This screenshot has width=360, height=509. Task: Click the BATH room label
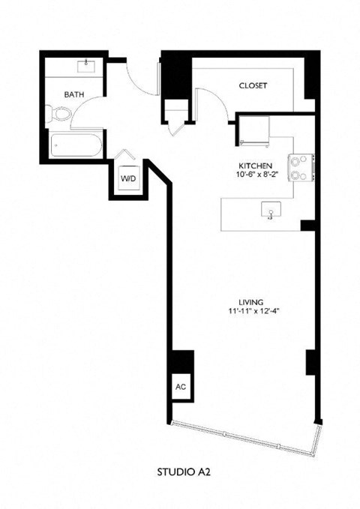click(73, 94)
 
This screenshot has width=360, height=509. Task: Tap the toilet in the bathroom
click(60, 115)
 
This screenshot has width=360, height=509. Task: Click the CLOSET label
click(253, 85)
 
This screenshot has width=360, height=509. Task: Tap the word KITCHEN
click(256, 165)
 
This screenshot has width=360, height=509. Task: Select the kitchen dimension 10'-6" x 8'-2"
click(256, 174)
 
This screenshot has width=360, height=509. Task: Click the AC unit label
click(180, 388)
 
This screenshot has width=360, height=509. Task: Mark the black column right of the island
click(307, 226)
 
